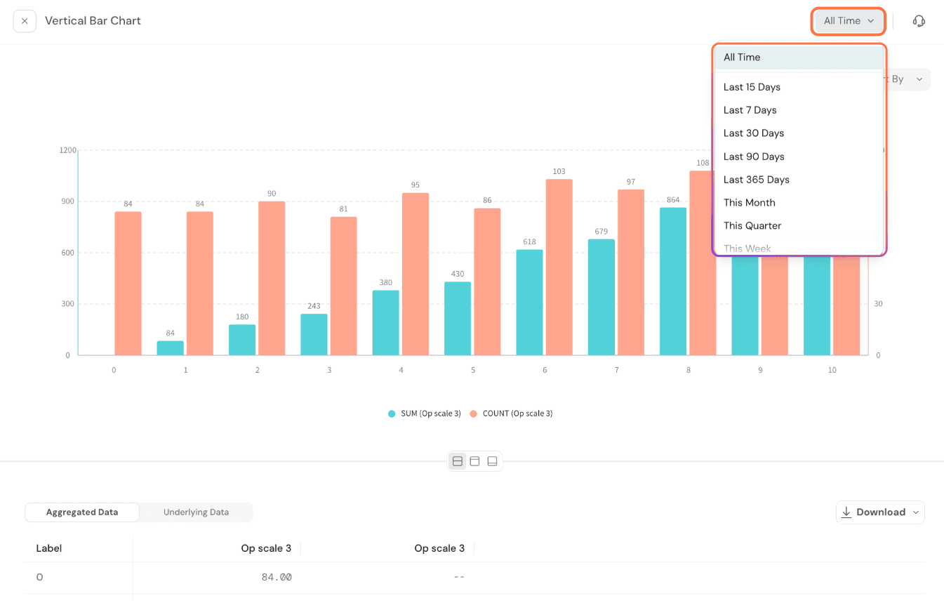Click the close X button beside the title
[25, 21]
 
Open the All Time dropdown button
[849, 21]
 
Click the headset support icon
[919, 21]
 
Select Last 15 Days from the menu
[752, 87]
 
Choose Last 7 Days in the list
[750, 110]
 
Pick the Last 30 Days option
[753, 133]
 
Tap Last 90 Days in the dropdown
[754, 157]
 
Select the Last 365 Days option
[756, 180]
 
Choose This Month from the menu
[749, 203]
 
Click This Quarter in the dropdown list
[752, 226]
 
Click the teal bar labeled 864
[673, 281]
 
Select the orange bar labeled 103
[559, 267]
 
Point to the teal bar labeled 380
[386, 323]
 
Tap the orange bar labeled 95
[416, 274]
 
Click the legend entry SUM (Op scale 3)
[425, 413]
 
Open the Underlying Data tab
[196, 512]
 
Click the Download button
[880, 512]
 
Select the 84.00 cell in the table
[276, 578]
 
